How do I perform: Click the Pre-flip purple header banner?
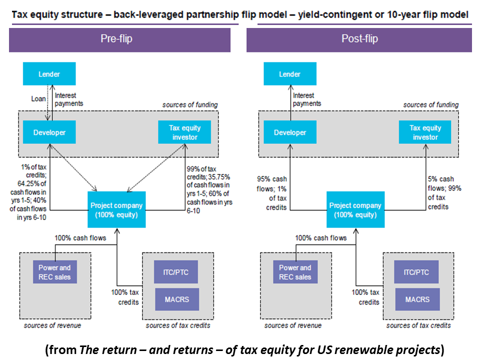pyautogui.click(x=119, y=39)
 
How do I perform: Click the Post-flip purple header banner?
pyautogui.click(x=359, y=39)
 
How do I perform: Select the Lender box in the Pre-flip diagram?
pyautogui.click(x=49, y=74)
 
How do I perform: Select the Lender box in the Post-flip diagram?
pyautogui.click(x=289, y=74)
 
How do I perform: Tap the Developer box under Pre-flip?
pyautogui.click(x=49, y=132)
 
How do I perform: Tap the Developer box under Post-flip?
pyautogui.click(x=289, y=132)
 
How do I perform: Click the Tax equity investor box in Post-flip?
pyautogui.click(x=424, y=132)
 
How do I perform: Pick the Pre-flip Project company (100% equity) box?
pyautogui.click(x=116, y=210)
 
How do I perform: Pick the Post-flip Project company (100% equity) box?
pyautogui.click(x=355, y=210)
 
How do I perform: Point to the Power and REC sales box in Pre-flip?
pyautogui.click(x=55, y=272)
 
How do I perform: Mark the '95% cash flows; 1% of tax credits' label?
pyautogui.click(x=273, y=192)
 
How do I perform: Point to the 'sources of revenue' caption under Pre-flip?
pyautogui.click(x=52, y=325)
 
